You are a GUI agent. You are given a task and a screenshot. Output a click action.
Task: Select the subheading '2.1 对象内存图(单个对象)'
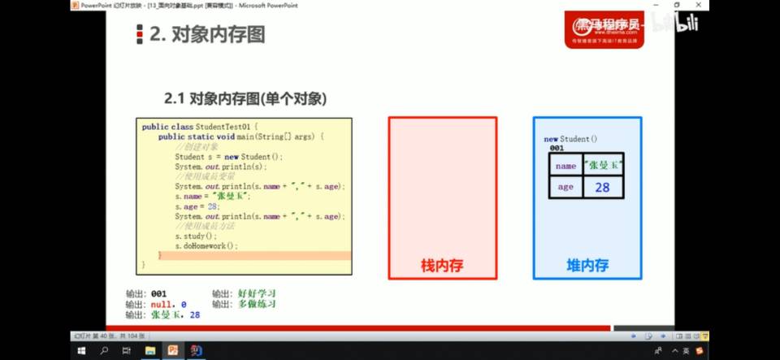point(245,98)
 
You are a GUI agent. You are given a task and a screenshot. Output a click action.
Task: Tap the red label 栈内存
point(442,265)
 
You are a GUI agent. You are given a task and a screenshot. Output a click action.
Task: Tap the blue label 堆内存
point(587,265)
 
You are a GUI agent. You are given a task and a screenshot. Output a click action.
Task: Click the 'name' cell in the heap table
point(565,166)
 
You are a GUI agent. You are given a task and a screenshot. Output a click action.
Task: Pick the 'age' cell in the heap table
point(565,188)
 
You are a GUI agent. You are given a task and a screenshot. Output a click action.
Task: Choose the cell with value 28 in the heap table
point(602,188)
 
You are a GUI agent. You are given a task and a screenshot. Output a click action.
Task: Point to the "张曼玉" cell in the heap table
point(602,166)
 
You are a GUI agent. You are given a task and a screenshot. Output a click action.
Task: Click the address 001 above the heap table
point(557,149)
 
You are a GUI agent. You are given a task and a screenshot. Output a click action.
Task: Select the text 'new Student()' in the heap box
point(570,139)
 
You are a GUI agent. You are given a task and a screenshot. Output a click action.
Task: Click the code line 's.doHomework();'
point(206,245)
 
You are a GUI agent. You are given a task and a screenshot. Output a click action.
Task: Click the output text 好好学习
point(257,293)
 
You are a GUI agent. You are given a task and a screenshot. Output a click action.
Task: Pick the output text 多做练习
point(257,303)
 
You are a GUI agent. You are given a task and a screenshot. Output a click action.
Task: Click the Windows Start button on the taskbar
point(81,350)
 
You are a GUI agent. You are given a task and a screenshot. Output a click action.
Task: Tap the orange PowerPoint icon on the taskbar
point(173,350)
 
